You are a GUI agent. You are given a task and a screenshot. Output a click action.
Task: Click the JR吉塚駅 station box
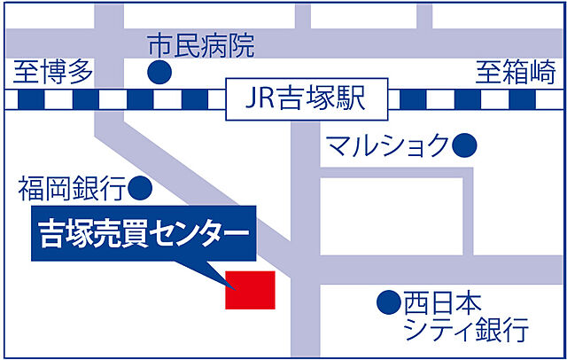pyautogui.click(x=307, y=100)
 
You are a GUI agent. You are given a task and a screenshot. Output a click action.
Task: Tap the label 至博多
pyautogui.click(x=53, y=72)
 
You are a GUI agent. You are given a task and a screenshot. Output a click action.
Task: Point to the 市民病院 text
pyautogui.click(x=201, y=44)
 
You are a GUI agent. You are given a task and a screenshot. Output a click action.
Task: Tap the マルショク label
pyautogui.click(x=388, y=144)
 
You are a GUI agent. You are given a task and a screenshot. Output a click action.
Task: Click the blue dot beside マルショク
pyautogui.click(x=464, y=144)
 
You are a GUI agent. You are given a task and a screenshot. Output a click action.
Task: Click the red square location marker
pyautogui.click(x=251, y=289)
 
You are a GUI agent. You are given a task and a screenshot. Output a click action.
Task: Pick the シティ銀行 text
pyautogui.click(x=465, y=332)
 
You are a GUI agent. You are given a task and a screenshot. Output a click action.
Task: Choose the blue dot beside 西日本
pyautogui.click(x=387, y=303)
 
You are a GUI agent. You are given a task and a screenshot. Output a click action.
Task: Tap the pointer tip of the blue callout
pyautogui.click(x=232, y=286)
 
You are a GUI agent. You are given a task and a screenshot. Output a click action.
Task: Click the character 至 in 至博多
pyautogui.click(x=26, y=72)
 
